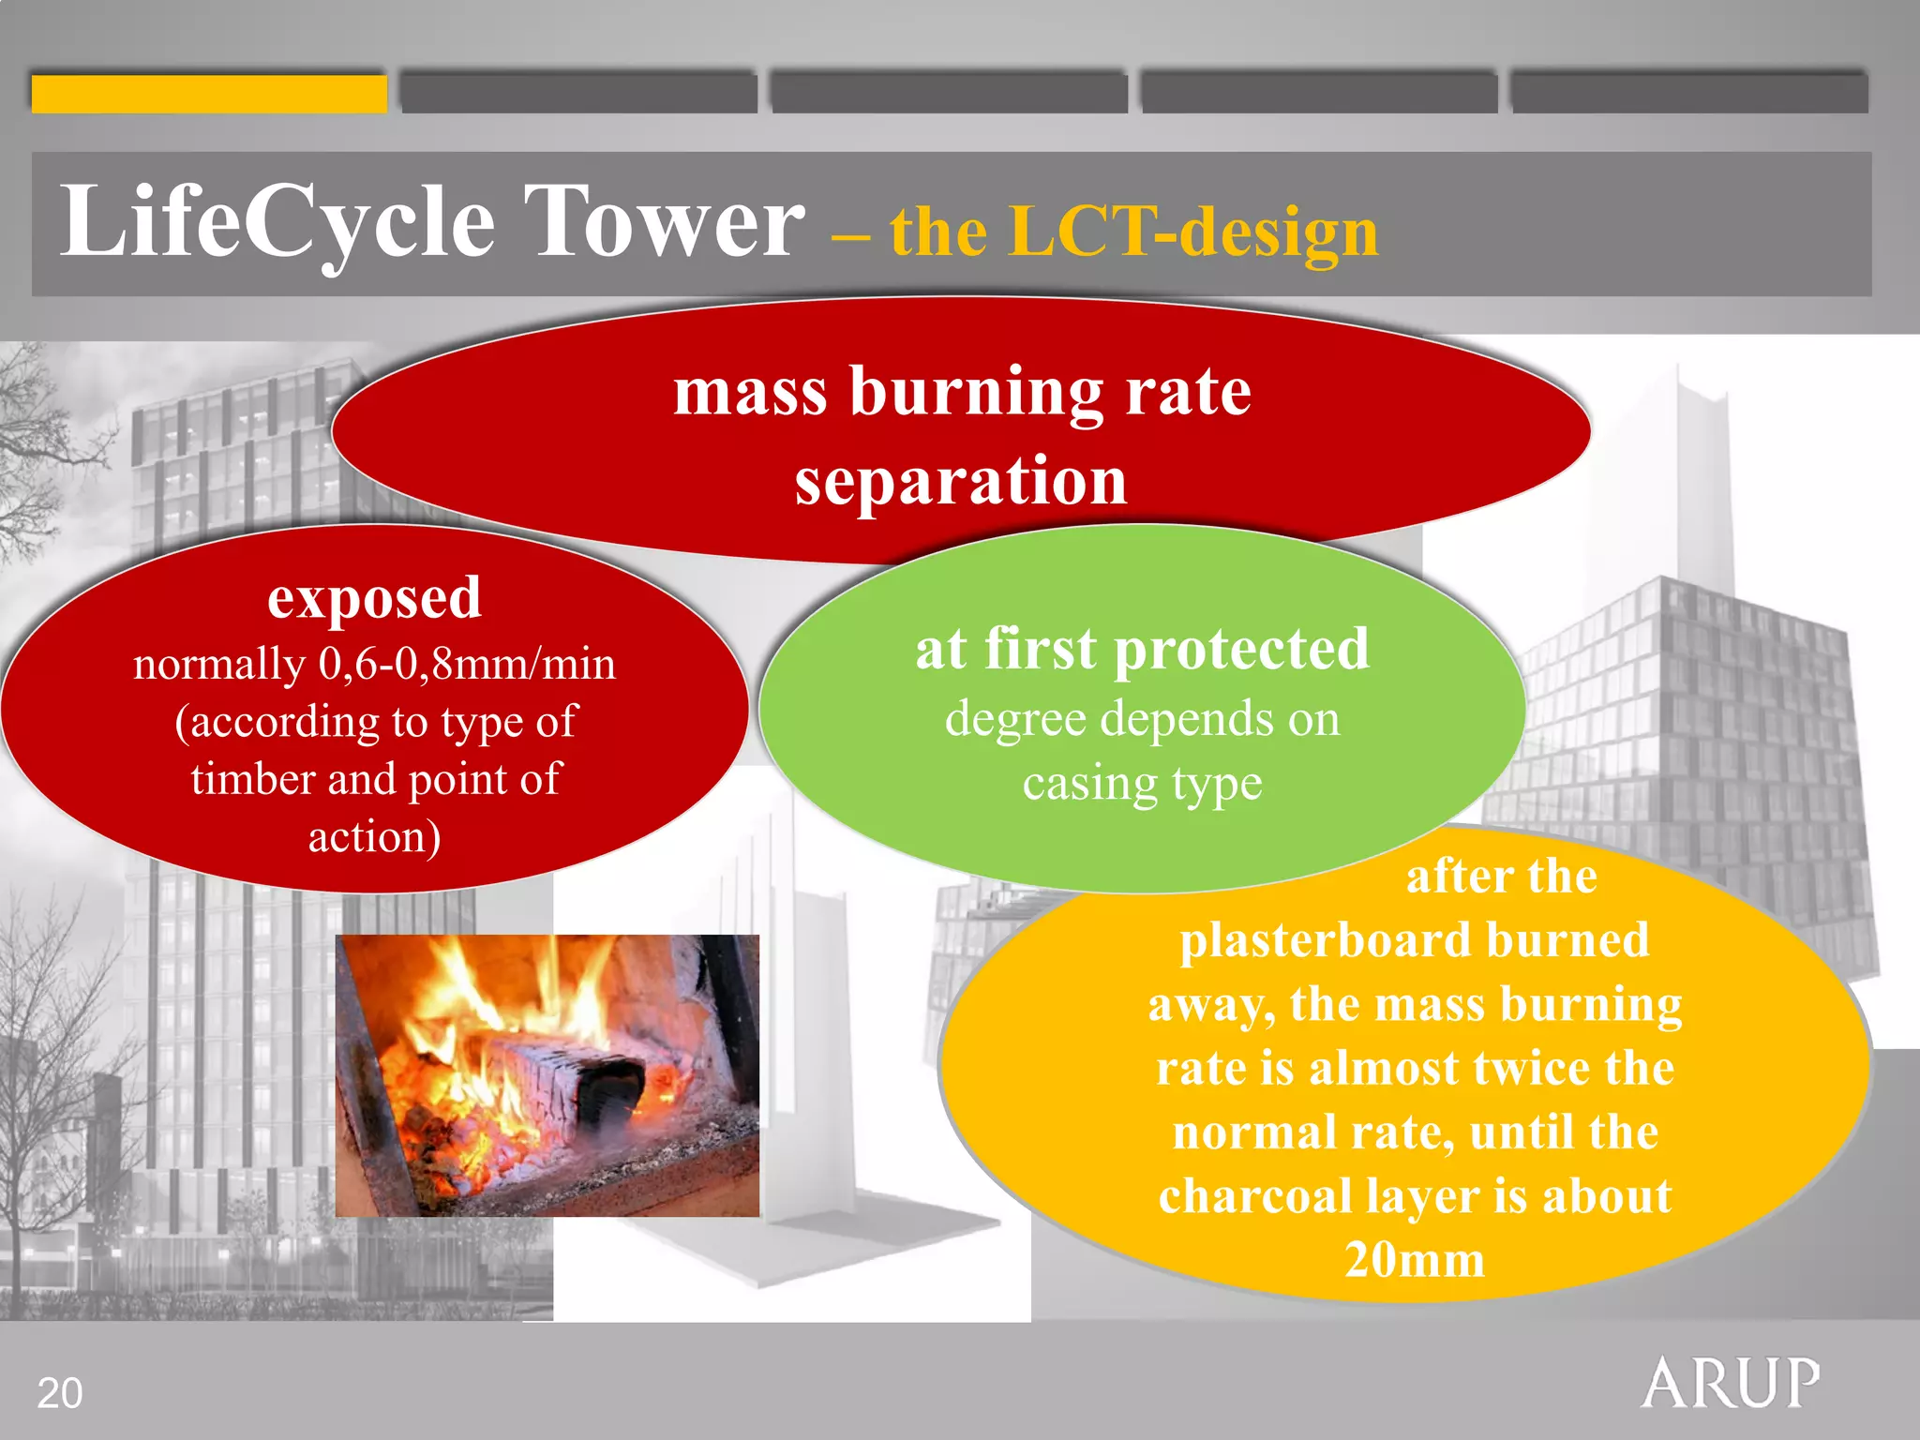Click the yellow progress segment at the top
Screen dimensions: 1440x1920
[x=209, y=94]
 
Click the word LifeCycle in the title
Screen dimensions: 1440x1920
[x=277, y=223]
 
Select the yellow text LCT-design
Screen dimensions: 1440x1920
[x=1193, y=232]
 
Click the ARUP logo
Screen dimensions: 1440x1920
[x=1730, y=1383]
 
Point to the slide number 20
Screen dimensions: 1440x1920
[x=60, y=1393]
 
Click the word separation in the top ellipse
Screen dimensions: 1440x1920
[x=961, y=481]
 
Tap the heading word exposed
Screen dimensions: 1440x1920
[x=374, y=598]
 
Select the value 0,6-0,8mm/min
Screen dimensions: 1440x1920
[x=467, y=664]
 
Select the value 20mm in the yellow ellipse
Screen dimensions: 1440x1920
[x=1415, y=1260]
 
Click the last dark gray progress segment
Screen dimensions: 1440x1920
[x=1689, y=94]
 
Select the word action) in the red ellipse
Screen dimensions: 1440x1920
[x=374, y=837]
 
